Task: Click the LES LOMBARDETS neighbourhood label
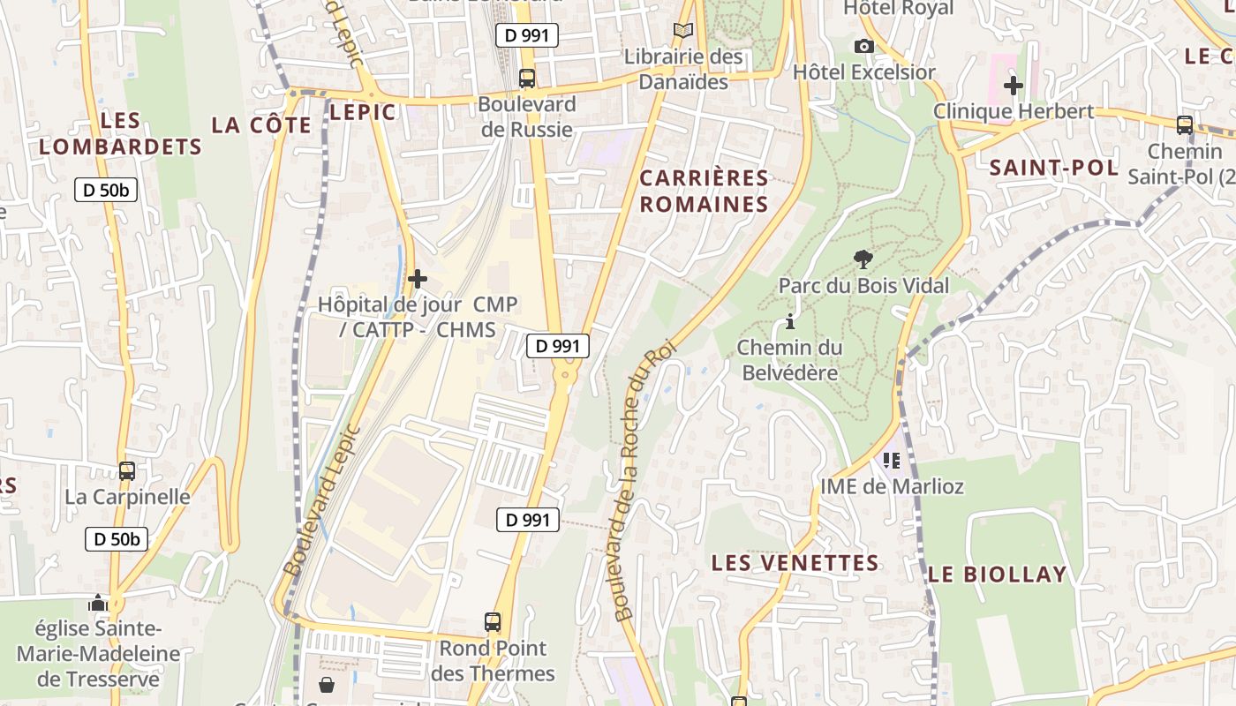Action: [121, 133]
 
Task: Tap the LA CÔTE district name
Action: [261, 125]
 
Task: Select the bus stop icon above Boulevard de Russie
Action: [527, 78]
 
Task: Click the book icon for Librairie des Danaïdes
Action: [682, 31]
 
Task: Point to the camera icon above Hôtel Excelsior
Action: [863, 46]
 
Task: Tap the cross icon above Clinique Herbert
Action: [1014, 86]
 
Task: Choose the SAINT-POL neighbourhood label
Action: [1053, 168]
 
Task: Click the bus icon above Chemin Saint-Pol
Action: [1185, 125]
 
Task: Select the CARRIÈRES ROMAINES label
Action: [704, 191]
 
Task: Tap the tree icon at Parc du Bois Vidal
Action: [863, 259]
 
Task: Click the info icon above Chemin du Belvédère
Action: [789, 321]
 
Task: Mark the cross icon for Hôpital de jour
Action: [417, 280]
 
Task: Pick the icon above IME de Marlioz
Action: [891, 460]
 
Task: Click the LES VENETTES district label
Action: [795, 563]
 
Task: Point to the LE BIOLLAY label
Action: [998, 575]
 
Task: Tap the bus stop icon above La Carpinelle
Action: [127, 470]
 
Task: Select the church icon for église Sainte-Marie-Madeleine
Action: [98, 603]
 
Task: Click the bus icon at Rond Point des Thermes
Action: [493, 622]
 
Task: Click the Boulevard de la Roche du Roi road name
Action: [641, 481]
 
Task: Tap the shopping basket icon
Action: [327, 685]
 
